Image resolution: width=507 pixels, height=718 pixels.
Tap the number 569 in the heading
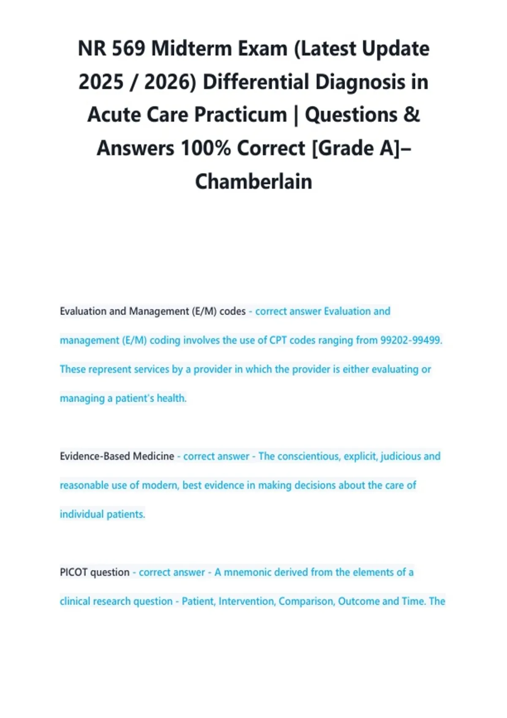coord(128,49)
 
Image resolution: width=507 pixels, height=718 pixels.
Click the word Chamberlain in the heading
coord(253,182)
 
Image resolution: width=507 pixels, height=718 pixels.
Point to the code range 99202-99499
coord(411,340)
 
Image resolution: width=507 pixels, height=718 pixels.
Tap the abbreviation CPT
coord(278,340)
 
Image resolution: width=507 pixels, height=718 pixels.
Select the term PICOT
coord(74,572)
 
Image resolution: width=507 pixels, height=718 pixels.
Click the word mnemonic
coord(248,572)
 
